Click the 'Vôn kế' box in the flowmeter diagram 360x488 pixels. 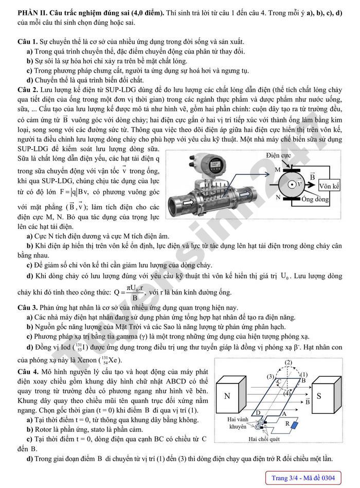click(329, 186)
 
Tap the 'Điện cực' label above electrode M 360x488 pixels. click(279, 155)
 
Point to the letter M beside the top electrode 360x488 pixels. click(277, 169)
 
